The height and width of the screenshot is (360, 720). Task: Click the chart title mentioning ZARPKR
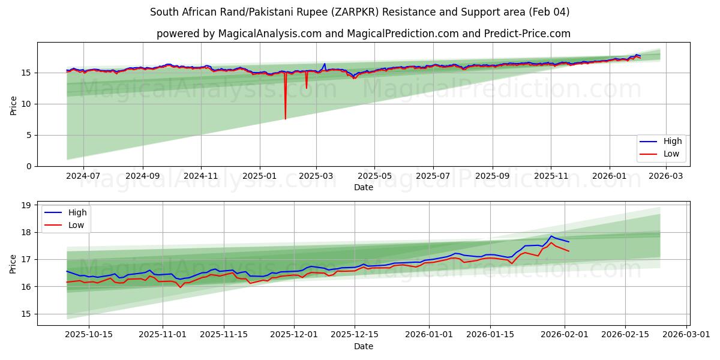pos(359,12)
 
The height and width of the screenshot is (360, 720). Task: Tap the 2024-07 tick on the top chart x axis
pos(83,176)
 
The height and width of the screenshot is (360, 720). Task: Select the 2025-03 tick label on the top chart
pos(316,176)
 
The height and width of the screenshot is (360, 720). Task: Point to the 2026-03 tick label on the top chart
pos(665,176)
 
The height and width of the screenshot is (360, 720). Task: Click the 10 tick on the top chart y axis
pos(28,104)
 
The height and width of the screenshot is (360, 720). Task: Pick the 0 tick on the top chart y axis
pos(31,166)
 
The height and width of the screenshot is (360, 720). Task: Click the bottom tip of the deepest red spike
pos(285,119)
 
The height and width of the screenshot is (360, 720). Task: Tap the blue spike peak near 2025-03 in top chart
pos(325,64)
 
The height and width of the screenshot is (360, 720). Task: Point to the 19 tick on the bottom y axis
pos(26,205)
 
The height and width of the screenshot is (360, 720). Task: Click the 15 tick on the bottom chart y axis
pos(26,314)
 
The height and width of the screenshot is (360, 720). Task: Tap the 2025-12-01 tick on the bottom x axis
pos(294,335)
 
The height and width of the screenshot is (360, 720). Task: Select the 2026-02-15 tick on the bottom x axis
pos(626,335)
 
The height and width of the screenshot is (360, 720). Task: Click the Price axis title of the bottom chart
pos(13,263)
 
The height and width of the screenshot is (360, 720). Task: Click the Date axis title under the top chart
pos(363,187)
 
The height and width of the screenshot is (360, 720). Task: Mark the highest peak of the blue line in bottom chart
pos(551,236)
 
